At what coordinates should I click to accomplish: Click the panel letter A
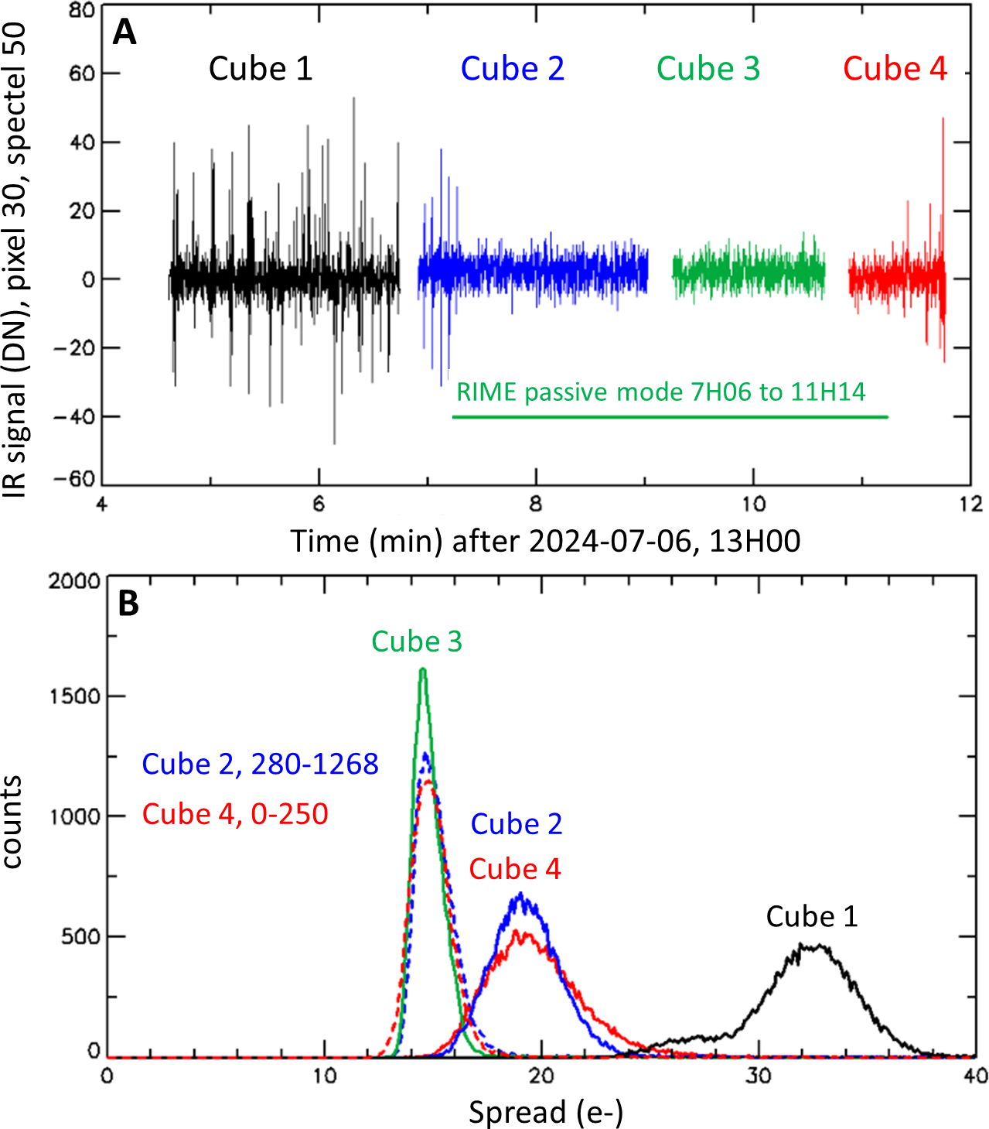coord(124,33)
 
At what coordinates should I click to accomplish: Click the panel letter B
coord(128,604)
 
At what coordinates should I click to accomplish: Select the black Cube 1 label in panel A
coord(261,69)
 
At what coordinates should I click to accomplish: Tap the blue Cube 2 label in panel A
coord(512,69)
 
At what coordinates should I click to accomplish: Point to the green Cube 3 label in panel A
coord(708,69)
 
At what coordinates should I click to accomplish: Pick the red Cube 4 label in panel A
coord(895,69)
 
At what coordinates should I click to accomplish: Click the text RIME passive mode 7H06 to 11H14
coord(660,392)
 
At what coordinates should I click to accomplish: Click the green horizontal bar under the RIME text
coord(670,417)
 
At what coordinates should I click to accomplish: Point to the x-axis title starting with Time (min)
coord(545,541)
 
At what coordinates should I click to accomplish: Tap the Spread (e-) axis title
coord(545,1113)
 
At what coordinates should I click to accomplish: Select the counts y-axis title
coord(12,822)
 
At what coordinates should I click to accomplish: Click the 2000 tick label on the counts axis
coord(74,581)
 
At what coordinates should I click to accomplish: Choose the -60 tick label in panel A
coord(74,480)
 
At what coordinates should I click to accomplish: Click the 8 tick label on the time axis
coord(535,505)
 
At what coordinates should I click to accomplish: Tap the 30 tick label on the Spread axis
coord(759,1076)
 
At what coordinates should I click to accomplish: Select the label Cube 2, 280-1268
coord(260,765)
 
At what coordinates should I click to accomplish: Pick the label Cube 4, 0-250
coord(235,814)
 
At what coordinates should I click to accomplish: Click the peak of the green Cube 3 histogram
coord(423,670)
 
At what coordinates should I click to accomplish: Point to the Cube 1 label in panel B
coord(811,917)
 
